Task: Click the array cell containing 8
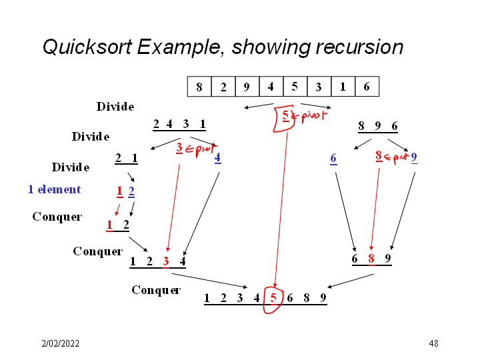pos(199,87)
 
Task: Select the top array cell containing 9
pos(247,87)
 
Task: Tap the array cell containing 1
pos(343,87)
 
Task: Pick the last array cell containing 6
pos(367,87)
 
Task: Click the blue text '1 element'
pos(54,189)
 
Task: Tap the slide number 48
pos(433,344)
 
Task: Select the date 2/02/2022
pos(60,344)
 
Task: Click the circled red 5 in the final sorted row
pos(273,298)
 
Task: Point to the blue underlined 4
pos(217,158)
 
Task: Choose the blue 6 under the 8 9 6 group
pos(333,158)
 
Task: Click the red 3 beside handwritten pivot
pos(179,148)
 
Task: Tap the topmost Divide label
pos(115,107)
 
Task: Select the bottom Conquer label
pos(156,290)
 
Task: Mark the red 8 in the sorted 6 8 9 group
pos(371,258)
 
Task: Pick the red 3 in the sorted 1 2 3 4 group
pos(166,261)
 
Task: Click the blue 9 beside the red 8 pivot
pos(414,158)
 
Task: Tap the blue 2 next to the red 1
pos(131,192)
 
